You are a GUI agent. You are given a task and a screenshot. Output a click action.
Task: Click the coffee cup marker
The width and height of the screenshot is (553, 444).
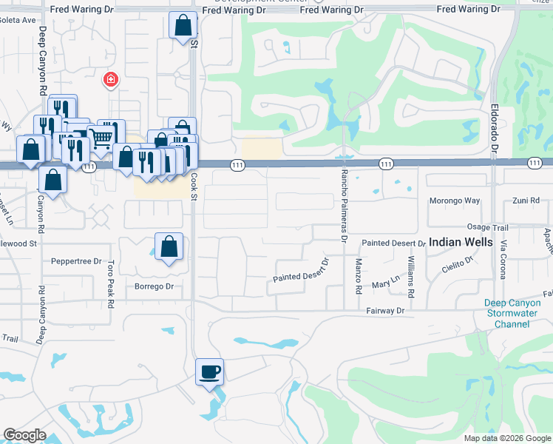209,371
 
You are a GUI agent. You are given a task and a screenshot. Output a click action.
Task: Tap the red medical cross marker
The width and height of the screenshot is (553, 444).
110,79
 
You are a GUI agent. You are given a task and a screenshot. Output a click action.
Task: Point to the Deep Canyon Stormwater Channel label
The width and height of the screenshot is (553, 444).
518,313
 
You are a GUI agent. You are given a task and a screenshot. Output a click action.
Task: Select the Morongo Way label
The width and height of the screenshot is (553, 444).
455,201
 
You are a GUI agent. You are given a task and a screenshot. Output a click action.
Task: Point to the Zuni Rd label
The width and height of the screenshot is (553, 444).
528,201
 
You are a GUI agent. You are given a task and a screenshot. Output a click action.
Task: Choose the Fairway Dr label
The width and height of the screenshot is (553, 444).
386,312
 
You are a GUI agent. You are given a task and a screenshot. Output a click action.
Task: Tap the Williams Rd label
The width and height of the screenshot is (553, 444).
410,272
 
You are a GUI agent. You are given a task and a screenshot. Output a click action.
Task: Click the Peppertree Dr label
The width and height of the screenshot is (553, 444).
76,261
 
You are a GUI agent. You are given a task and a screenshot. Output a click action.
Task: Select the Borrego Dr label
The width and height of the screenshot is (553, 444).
154,286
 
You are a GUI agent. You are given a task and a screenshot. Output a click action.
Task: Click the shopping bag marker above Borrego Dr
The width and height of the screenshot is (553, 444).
169,246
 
